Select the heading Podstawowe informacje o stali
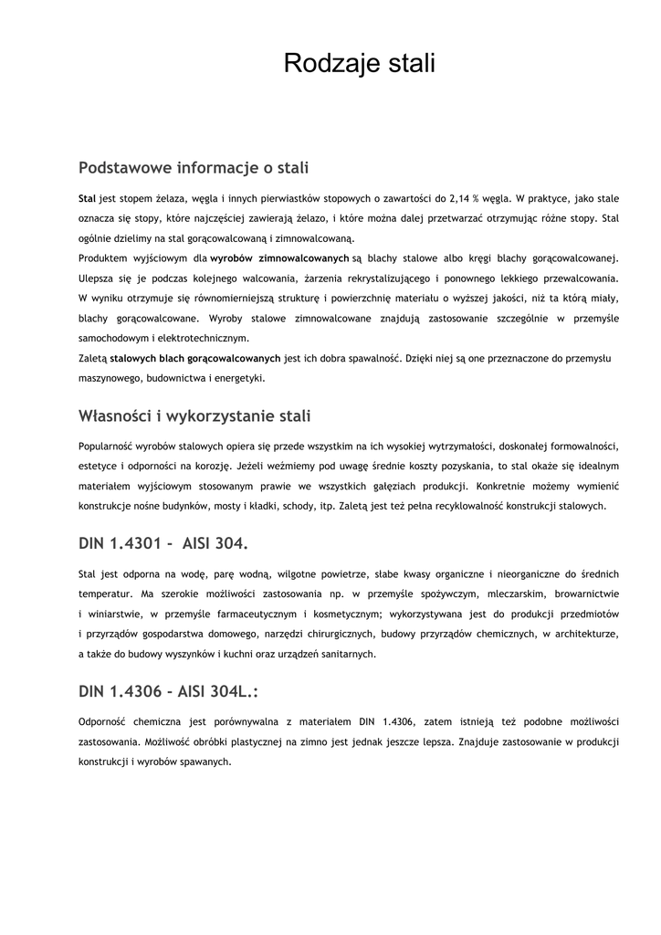click(x=194, y=168)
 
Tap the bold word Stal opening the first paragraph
click(x=87, y=198)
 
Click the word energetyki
click(x=238, y=379)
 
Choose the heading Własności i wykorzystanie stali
click(x=194, y=417)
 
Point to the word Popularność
click(x=106, y=446)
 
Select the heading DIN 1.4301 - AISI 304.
click(x=163, y=544)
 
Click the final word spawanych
click(x=205, y=762)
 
